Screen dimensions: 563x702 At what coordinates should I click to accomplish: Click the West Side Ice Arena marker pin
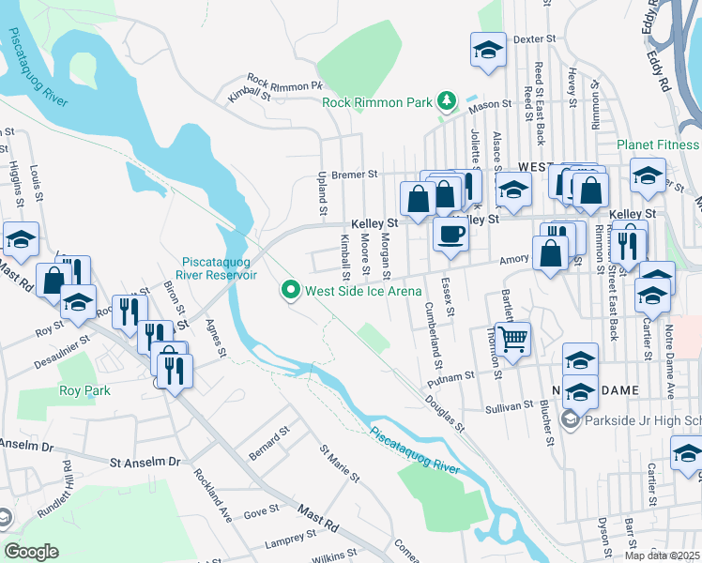[x=290, y=292]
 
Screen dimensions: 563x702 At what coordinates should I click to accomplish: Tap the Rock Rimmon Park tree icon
[x=448, y=100]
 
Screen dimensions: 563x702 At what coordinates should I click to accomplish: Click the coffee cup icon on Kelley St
[x=450, y=234]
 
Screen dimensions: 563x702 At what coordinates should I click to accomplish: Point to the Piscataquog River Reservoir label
[x=220, y=268]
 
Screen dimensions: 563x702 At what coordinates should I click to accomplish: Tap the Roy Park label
[x=84, y=390]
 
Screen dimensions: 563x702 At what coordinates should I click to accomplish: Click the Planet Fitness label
[x=658, y=145]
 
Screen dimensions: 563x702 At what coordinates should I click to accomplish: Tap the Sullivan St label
[x=510, y=409]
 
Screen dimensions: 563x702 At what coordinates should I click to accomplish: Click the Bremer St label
[x=358, y=174]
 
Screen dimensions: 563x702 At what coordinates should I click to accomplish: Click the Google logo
[x=30, y=552]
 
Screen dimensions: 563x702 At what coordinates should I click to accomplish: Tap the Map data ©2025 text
[x=661, y=555]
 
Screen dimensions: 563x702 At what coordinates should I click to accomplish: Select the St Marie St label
[x=340, y=464]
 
